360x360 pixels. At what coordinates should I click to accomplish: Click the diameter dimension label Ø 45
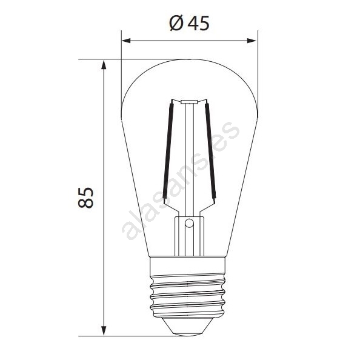pos(190,23)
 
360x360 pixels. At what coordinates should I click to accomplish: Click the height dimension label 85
pos(85,198)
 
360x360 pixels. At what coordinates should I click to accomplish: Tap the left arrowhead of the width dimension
pos(126,41)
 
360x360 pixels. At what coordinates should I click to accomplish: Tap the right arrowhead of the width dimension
pos(252,41)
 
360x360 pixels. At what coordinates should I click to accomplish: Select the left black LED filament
pos(168,152)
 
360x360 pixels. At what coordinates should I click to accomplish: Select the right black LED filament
pos(210,151)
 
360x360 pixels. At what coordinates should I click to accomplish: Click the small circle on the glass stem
pos(189,223)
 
